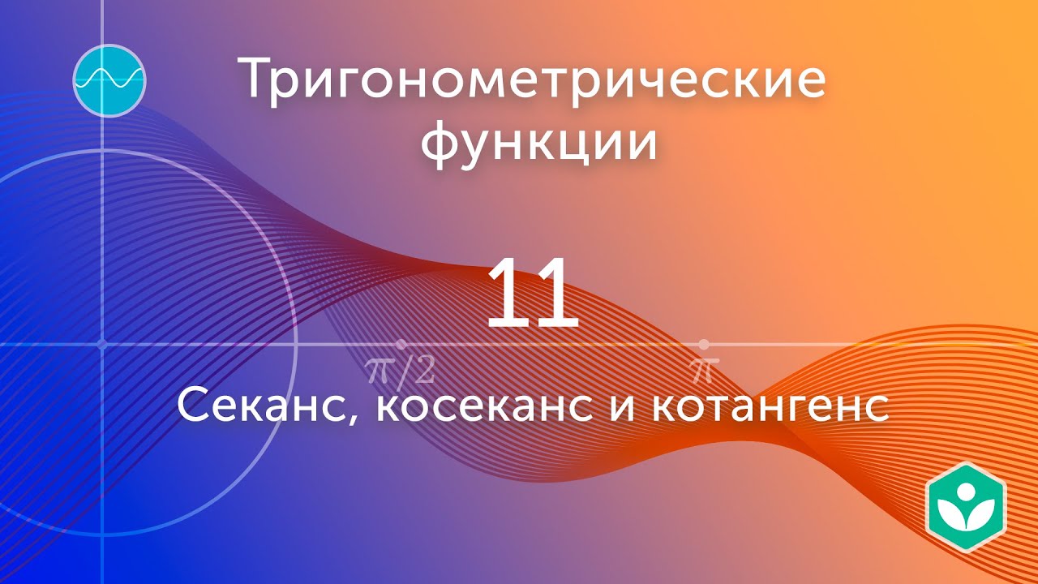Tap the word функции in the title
pyautogui.click(x=538, y=143)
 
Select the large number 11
pyautogui.click(x=532, y=294)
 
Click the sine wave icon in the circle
pyautogui.click(x=109, y=79)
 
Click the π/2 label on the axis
pyautogui.click(x=401, y=371)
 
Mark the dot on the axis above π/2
pyautogui.click(x=401, y=345)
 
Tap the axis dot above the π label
pyautogui.click(x=703, y=345)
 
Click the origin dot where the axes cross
pyautogui.click(x=102, y=345)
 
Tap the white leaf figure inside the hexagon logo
pyautogui.click(x=965, y=507)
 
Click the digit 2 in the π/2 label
pyautogui.click(x=422, y=371)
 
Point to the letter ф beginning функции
pyautogui.click(x=443, y=144)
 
